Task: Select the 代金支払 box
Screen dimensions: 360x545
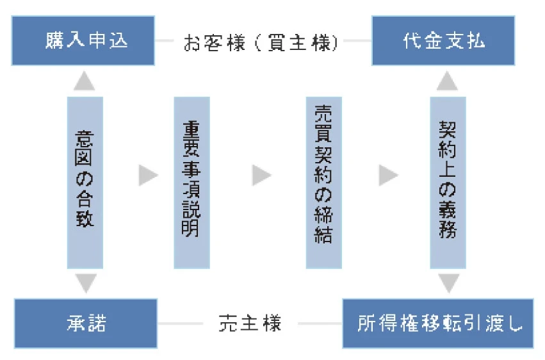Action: click(x=443, y=41)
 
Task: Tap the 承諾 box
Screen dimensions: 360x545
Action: click(x=85, y=323)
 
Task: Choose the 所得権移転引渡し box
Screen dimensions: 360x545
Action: click(x=438, y=323)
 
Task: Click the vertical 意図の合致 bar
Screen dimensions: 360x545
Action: click(x=85, y=182)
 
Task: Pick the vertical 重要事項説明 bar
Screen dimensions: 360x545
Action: click(x=191, y=182)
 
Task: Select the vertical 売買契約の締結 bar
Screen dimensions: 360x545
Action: click(x=323, y=182)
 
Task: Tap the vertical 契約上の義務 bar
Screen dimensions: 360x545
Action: click(x=447, y=182)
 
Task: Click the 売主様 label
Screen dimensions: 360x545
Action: click(x=249, y=323)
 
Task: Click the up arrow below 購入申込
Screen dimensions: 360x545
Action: click(x=85, y=80)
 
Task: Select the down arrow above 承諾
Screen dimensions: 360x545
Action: click(x=85, y=282)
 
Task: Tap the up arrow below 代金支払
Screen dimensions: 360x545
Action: click(x=447, y=80)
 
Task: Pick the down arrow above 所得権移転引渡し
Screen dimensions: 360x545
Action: click(x=447, y=282)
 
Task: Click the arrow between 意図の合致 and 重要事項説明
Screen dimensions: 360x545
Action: click(x=148, y=175)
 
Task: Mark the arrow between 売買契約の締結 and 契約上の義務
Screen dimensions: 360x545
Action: click(x=387, y=175)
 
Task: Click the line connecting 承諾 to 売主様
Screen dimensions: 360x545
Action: click(x=182, y=323)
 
